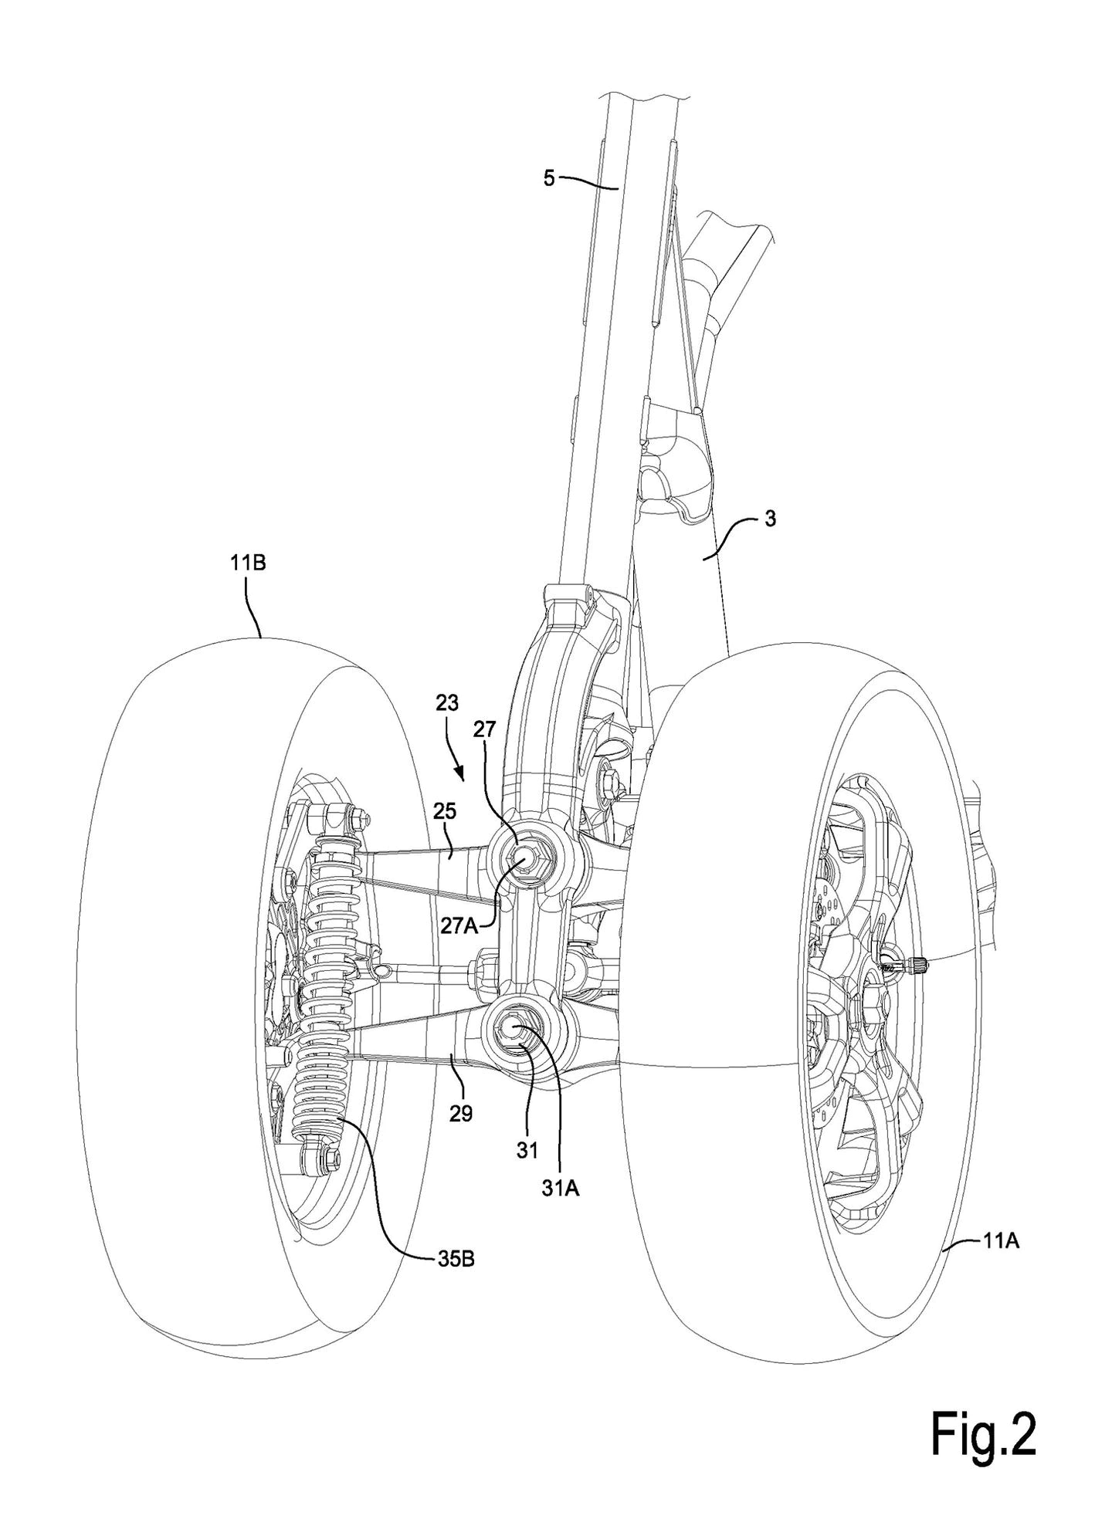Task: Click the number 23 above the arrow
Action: coord(446,703)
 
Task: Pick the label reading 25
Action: coord(446,811)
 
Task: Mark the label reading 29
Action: coord(460,1114)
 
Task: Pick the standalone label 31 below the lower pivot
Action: coord(527,1150)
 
